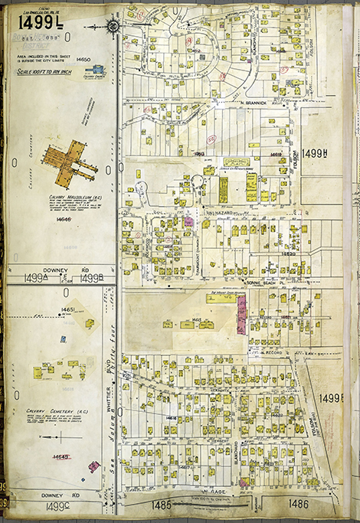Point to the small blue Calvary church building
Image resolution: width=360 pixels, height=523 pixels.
pyautogui.click(x=97, y=68)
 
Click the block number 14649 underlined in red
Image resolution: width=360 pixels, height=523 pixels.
pyautogui.click(x=61, y=456)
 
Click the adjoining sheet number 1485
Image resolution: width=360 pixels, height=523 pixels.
pyautogui.click(x=162, y=505)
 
